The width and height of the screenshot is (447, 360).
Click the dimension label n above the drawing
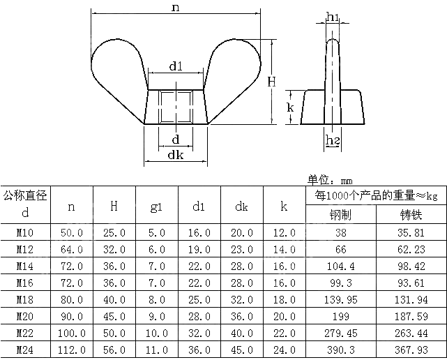click(x=175, y=8)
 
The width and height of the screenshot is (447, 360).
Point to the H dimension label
click(x=272, y=82)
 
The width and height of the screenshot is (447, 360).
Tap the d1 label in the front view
click(x=176, y=67)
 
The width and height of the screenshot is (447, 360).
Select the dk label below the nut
click(x=175, y=155)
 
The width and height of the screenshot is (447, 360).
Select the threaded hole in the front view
click(x=175, y=107)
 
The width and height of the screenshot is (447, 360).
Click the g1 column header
click(x=156, y=207)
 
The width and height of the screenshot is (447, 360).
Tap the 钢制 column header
click(x=340, y=215)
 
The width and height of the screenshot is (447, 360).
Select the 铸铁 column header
click(x=411, y=215)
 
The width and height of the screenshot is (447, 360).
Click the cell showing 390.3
click(x=340, y=350)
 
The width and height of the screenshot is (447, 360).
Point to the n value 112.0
click(x=71, y=350)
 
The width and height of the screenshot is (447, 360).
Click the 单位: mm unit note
click(x=330, y=179)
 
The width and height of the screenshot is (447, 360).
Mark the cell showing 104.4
click(x=340, y=266)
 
